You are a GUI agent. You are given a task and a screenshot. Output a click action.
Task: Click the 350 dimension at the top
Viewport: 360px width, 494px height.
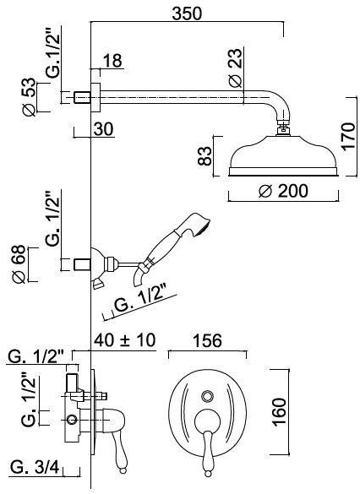187,14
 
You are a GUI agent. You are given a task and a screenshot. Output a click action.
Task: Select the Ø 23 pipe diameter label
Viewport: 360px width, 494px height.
236,68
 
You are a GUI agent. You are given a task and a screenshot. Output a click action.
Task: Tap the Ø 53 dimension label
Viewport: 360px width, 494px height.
29,97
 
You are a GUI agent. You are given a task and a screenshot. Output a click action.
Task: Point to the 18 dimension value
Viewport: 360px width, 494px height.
112,61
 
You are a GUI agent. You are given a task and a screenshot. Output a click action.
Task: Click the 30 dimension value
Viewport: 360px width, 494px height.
103,129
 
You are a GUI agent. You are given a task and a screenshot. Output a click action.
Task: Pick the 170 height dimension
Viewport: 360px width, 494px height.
349,136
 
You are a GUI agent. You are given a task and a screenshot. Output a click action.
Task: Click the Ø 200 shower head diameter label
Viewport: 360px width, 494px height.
283,191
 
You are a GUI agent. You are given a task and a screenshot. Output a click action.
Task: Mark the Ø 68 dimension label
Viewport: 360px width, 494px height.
19,264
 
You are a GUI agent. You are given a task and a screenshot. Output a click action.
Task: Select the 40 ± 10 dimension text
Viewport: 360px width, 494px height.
125,340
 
